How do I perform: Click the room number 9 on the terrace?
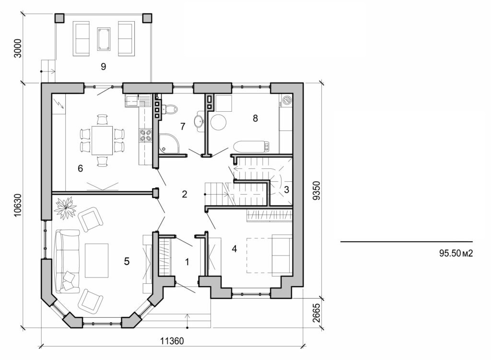103,67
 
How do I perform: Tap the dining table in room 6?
102,140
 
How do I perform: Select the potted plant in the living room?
65,208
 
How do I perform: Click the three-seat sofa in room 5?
67,261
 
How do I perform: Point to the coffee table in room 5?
96,260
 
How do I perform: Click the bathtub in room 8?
252,146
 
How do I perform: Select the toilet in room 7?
169,109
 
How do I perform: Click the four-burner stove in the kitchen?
145,136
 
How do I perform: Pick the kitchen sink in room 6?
132,101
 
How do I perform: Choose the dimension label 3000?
18,48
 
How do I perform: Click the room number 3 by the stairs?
286,189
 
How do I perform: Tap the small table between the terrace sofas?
103,39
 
